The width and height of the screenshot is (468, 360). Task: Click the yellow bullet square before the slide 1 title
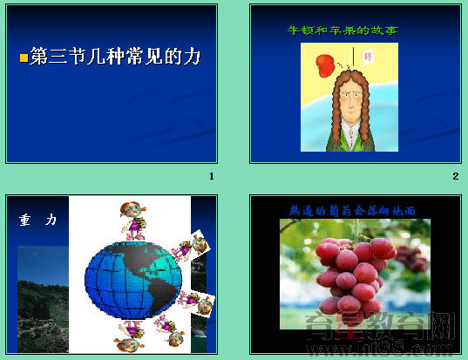(x=24, y=58)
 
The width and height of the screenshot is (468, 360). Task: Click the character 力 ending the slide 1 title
(x=193, y=58)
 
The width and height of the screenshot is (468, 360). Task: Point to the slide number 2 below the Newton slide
(x=455, y=177)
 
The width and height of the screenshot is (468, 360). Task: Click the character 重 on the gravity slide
(x=24, y=220)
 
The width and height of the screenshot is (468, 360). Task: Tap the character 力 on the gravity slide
(x=52, y=220)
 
